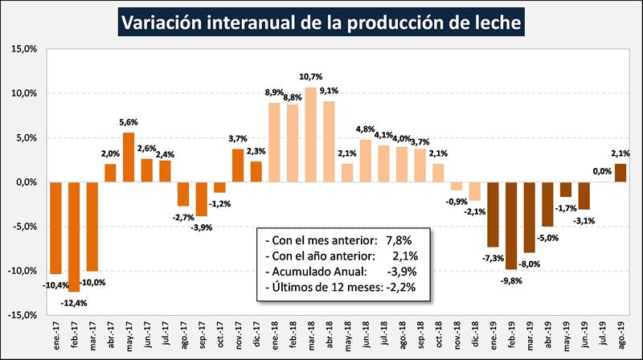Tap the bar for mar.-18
310,134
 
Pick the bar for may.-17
129,157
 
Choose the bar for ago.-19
620,173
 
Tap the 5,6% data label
129,122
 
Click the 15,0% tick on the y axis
27,49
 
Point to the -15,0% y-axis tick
25,315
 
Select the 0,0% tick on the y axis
27,182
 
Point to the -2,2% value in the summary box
406,286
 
